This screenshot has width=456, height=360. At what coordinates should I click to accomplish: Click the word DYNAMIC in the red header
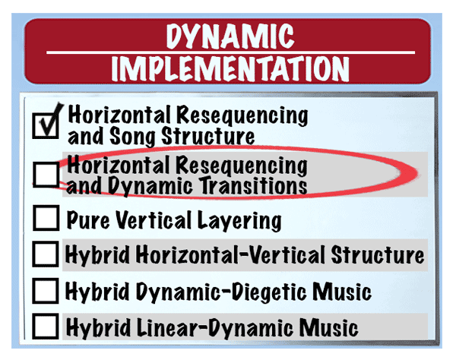coord(228,36)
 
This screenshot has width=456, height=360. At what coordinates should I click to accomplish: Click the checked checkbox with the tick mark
coord(47,124)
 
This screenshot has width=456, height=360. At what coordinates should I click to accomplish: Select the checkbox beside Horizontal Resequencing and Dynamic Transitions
coord(47,175)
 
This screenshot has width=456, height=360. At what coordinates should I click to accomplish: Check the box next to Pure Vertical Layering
coord(47,219)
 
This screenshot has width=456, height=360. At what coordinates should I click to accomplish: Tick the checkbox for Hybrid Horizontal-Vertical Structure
coord(47,254)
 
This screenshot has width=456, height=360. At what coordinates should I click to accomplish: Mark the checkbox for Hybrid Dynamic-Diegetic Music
coord(47,290)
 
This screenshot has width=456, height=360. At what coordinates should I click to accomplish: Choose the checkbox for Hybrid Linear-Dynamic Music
coord(47,327)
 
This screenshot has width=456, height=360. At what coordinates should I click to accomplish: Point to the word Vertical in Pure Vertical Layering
coord(157,221)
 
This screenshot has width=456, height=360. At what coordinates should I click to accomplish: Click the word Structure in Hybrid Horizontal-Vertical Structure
coord(377,254)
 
